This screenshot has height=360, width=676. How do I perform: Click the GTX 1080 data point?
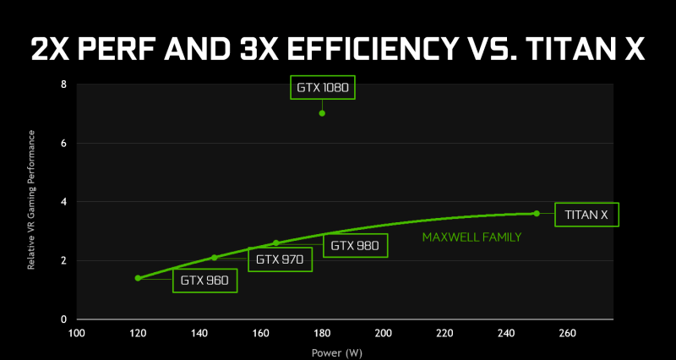322,113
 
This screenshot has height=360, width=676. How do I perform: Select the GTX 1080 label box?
322,88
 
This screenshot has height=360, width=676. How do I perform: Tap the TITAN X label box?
586,215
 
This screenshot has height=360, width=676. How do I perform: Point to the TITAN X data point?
537,214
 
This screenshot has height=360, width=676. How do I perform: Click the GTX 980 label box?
354,246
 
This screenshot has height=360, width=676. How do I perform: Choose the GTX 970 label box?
280,259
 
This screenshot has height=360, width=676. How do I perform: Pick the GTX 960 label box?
204,281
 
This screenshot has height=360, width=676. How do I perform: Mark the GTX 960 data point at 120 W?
138,278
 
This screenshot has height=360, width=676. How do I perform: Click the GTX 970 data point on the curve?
215,257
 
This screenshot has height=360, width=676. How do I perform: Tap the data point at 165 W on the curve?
275,243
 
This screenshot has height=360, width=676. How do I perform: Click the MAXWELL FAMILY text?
472,238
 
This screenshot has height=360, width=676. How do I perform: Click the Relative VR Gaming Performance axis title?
31,201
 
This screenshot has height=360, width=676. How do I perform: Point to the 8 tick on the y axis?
64,85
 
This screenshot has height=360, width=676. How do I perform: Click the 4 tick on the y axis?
64,202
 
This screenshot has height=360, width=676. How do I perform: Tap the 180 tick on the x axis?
322,332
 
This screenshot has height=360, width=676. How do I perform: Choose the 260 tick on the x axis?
567,332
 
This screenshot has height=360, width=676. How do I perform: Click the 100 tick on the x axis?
77,332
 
